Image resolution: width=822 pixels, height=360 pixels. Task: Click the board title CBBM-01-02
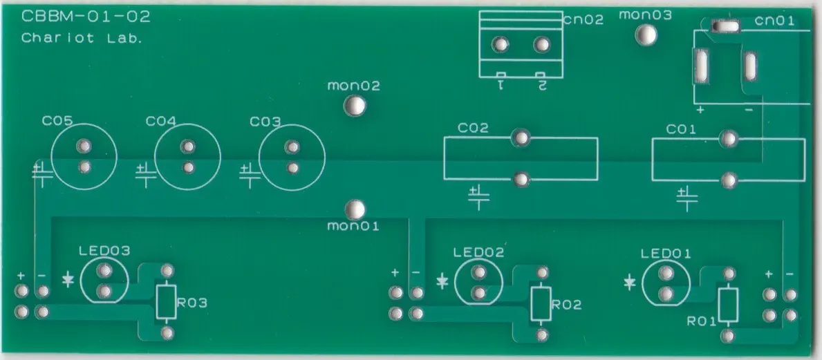click(x=86, y=17)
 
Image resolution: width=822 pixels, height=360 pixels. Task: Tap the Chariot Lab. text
click(x=82, y=38)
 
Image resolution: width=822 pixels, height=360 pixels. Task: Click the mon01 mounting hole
click(x=355, y=209)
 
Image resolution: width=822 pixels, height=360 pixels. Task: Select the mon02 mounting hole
click(x=355, y=106)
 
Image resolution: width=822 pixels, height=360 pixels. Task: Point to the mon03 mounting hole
click(x=646, y=35)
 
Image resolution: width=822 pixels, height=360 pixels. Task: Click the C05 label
click(x=57, y=122)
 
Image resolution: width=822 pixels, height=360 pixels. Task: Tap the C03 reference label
click(x=265, y=122)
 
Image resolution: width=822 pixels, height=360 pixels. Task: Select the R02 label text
click(x=566, y=305)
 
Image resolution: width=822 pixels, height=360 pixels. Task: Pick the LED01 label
click(x=666, y=254)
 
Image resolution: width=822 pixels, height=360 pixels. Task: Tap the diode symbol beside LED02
click(x=442, y=282)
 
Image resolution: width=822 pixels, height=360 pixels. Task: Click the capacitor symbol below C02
click(x=478, y=197)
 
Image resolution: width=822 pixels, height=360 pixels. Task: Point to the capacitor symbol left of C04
click(x=146, y=175)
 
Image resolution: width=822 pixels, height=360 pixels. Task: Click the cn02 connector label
click(x=583, y=20)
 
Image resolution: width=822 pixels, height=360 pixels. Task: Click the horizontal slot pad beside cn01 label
click(x=725, y=25)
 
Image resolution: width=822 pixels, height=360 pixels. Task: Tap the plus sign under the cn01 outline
click(x=700, y=111)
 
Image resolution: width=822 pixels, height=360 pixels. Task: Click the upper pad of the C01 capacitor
click(x=728, y=139)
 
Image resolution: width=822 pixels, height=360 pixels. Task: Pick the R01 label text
click(x=702, y=322)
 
